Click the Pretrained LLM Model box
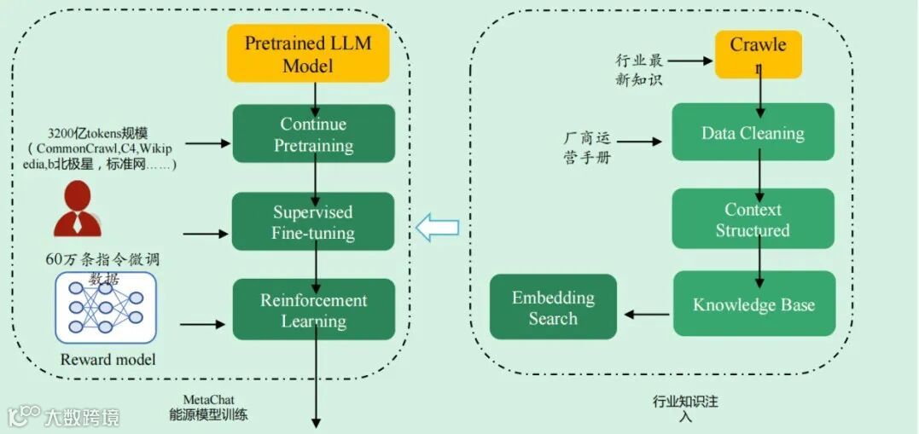click(x=308, y=54)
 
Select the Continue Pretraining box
click(x=313, y=135)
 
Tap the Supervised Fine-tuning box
click(x=313, y=223)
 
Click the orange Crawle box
click(x=758, y=54)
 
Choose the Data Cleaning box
click(x=753, y=132)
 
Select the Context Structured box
click(x=753, y=220)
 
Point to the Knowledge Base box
click(x=753, y=304)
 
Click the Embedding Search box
click(x=553, y=307)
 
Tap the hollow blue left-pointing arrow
click(x=436, y=228)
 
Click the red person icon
click(x=77, y=210)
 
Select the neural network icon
click(x=106, y=308)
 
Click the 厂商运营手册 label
click(x=588, y=148)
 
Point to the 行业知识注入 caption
click(x=685, y=408)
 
